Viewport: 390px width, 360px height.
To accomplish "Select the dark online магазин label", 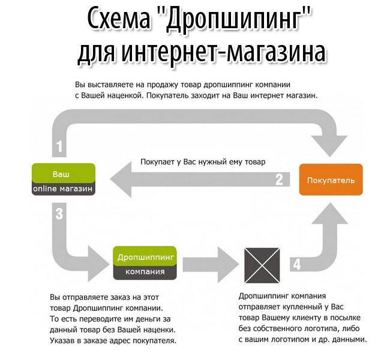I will pos(62,188).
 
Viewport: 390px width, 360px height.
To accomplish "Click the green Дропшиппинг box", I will pos(146,256).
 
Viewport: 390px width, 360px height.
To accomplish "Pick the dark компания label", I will pos(146,271).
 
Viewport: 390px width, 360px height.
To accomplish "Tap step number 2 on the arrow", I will pos(279,179).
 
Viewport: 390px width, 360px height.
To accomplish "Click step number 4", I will pos(296,263).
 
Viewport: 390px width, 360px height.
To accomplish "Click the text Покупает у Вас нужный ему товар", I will pos(203,161).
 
